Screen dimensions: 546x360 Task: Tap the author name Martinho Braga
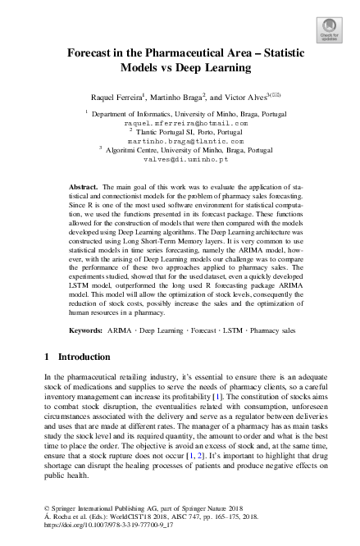point(183,96)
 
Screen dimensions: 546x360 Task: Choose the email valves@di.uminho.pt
point(180,160)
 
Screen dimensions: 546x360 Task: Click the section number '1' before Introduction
point(44,357)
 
